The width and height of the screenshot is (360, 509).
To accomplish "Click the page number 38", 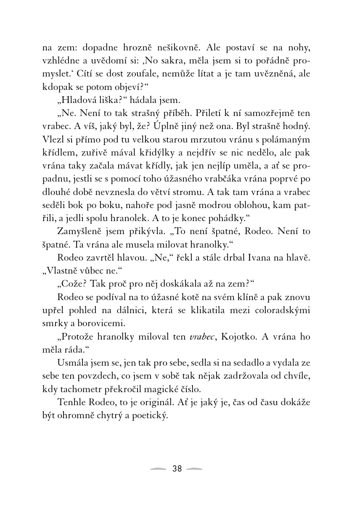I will click(x=177, y=469).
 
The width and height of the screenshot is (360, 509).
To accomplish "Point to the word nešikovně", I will click(x=200, y=46).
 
